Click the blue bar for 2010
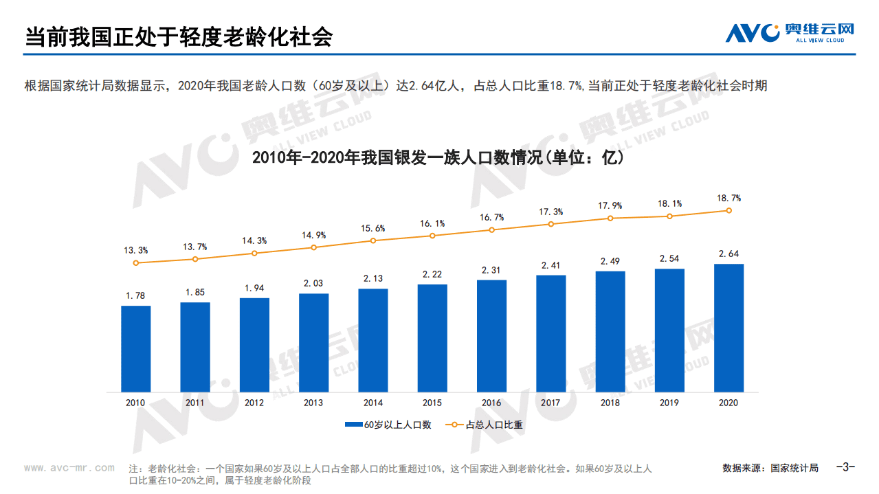pos(136,348)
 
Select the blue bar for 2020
pos(728,328)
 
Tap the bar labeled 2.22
pos(432,338)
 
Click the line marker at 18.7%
pos(728,211)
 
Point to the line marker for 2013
pos(313,247)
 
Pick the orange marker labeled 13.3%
pos(136,262)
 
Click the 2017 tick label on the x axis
pos(550,403)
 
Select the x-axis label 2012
pos(254,403)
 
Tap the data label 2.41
pos(550,265)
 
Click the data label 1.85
pos(195,293)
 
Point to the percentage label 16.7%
pos(491,217)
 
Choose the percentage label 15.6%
pos(373,228)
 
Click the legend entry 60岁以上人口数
pos(388,425)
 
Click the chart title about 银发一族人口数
pos(438,158)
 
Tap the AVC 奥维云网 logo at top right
pos(790,32)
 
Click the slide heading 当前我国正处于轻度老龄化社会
pos(179,37)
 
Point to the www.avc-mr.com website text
pos(69,468)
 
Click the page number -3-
pos(845,467)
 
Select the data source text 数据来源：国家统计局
pos(770,468)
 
